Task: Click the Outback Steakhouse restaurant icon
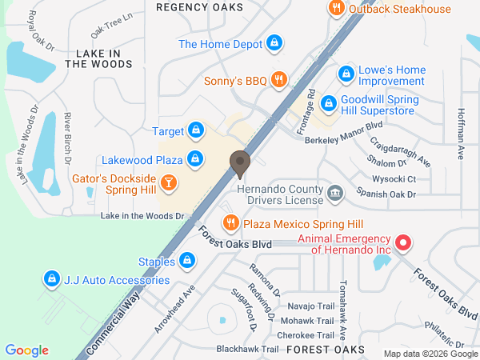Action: tap(336, 8)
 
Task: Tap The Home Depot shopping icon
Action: tap(274, 44)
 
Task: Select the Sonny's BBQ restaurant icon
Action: tap(278, 79)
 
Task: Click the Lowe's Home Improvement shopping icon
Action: tap(346, 74)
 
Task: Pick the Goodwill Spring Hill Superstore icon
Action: tap(327, 103)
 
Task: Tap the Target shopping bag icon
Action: tap(195, 130)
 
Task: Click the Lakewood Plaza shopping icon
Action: tap(194, 159)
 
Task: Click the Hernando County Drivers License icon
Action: tap(335, 192)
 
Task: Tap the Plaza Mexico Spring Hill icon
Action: tap(230, 223)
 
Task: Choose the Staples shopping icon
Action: tap(187, 259)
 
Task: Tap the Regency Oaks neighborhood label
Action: tap(200, 7)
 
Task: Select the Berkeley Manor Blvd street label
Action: tap(344, 133)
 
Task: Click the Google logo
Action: tap(26, 350)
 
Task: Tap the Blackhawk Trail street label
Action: tap(247, 350)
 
